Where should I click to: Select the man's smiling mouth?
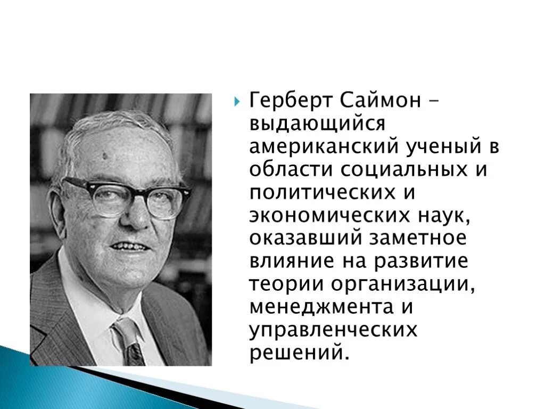pos(129,247)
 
